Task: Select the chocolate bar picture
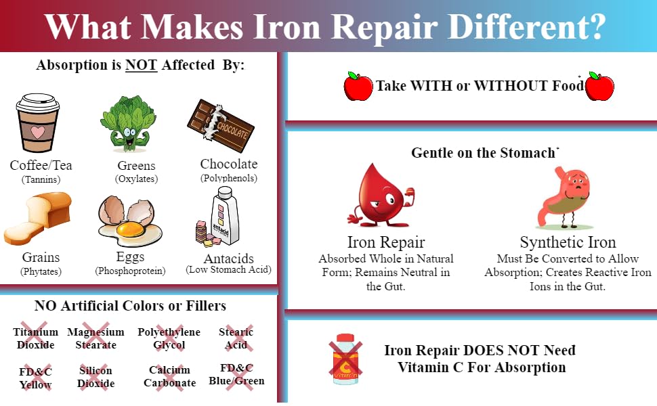tap(221, 125)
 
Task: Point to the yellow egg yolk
tap(128, 230)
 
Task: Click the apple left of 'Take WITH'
tap(358, 87)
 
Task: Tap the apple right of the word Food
tap(599, 87)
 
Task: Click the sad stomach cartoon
tap(566, 197)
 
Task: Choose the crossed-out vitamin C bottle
tap(345, 359)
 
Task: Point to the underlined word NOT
tap(141, 66)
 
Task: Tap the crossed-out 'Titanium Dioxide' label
tap(35, 338)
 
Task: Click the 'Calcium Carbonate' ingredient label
tap(169, 377)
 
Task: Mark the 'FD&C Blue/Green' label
tap(237, 375)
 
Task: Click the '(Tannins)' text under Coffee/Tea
tap(41, 179)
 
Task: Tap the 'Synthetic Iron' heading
tap(568, 242)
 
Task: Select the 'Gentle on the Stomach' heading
tap(484, 153)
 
